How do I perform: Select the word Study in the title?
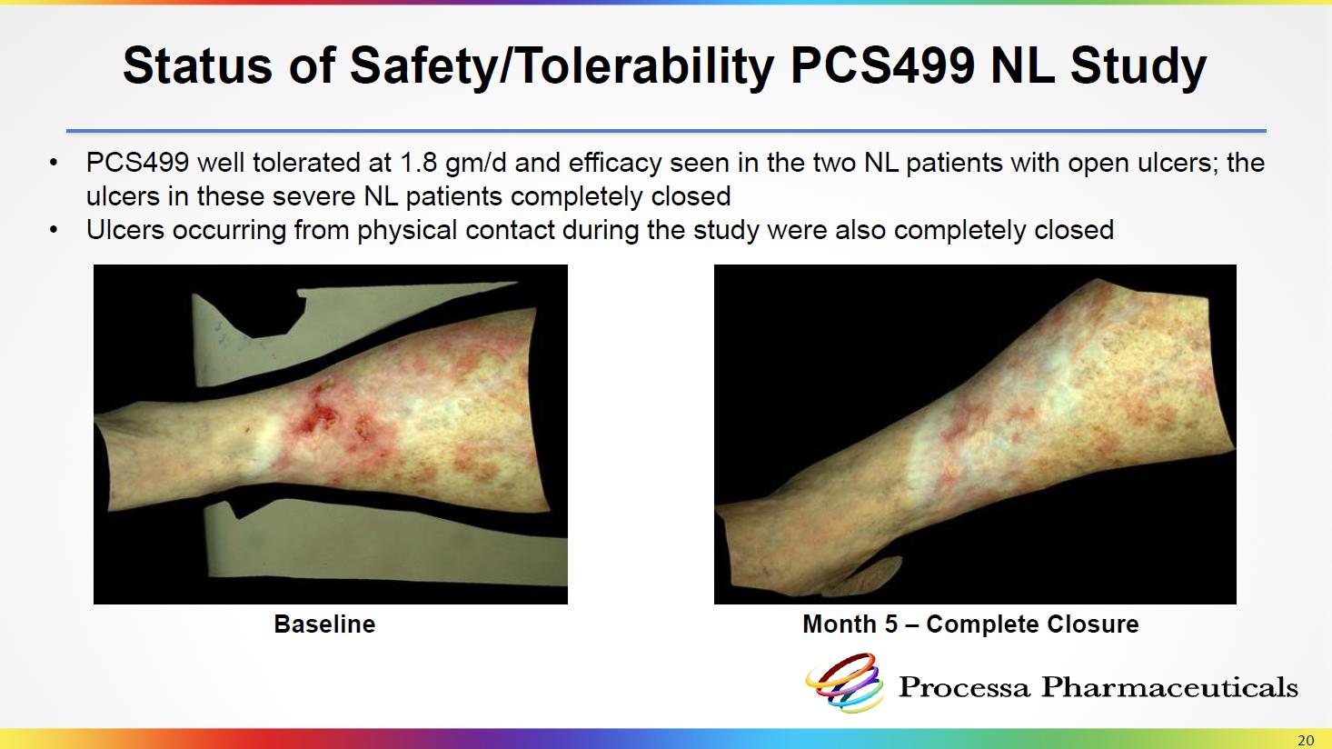[x=1138, y=67]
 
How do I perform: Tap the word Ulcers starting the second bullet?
[x=124, y=230]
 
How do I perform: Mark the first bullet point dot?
[x=55, y=163]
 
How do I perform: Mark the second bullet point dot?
[x=55, y=230]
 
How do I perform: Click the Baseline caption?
[x=324, y=624]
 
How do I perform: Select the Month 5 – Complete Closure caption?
[x=970, y=624]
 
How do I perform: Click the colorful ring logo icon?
[x=844, y=683]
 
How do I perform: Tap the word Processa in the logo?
[x=964, y=687]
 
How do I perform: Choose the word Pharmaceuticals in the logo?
[x=1169, y=687]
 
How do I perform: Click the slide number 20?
[x=1306, y=740]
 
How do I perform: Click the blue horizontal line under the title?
[x=666, y=130]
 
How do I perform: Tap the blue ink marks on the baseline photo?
[x=226, y=337]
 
